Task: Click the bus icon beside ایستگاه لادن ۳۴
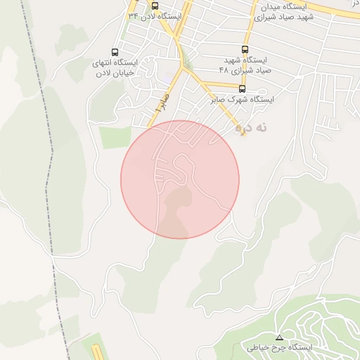point(155,6)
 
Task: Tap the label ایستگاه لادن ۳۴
point(155,15)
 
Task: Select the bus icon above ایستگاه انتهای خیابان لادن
point(116,52)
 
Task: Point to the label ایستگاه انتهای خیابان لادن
point(116,67)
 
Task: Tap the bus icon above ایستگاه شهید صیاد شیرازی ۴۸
point(245,49)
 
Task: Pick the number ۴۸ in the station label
point(224,70)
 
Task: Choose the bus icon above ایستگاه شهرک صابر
point(243,89)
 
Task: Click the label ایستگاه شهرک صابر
point(243,100)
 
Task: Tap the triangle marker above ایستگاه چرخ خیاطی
point(279,337)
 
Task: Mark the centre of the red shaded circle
point(180,179)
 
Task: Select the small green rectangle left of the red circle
point(115,138)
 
